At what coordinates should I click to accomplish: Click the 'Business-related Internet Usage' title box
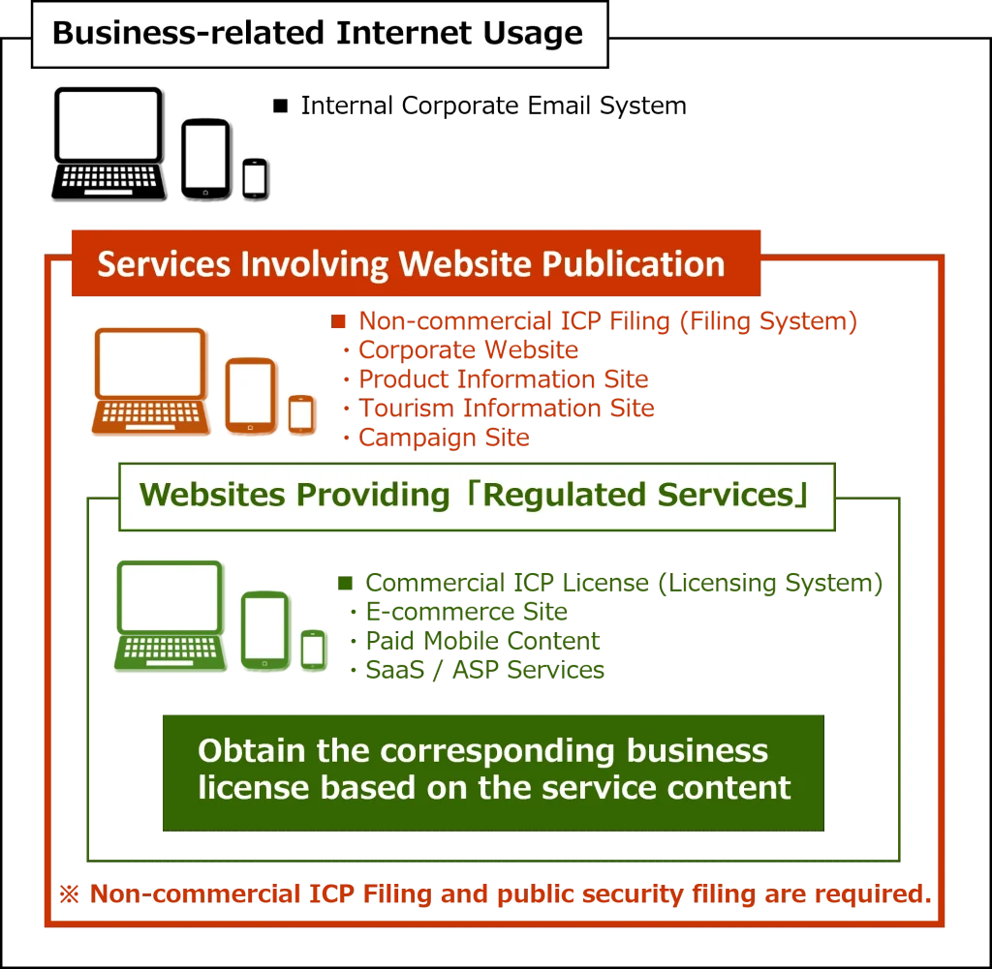click(320, 35)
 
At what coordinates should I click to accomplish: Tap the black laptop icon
click(108, 141)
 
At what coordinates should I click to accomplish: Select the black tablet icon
click(203, 157)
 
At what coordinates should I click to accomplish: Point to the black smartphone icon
click(254, 176)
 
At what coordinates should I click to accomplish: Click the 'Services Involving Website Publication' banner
click(412, 264)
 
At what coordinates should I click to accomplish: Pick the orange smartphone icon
click(301, 414)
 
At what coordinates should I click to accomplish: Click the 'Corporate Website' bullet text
click(469, 350)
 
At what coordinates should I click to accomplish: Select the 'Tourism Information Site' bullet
click(508, 409)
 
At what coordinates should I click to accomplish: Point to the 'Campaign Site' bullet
click(444, 438)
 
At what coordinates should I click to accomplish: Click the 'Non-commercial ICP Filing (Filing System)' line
click(607, 321)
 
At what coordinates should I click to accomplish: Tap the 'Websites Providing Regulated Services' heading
click(475, 496)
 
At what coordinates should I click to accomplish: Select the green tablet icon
click(266, 630)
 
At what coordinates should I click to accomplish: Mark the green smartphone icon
click(312, 649)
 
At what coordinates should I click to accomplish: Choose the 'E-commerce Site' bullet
click(467, 612)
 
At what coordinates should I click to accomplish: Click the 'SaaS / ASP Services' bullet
click(484, 669)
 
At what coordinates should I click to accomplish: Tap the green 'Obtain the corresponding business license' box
click(494, 771)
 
